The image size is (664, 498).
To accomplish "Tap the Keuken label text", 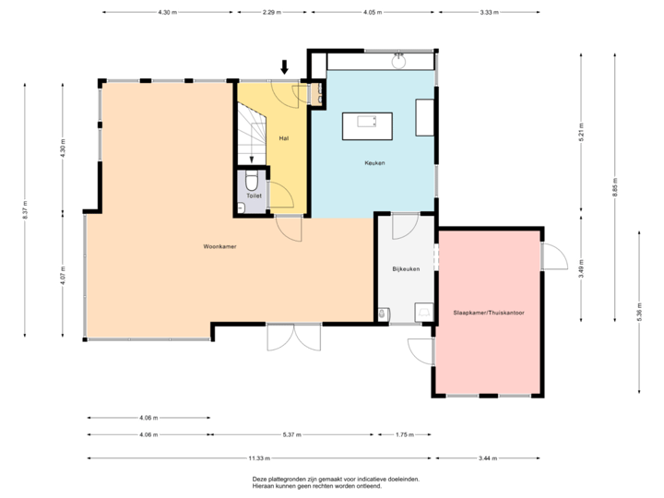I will pyautogui.click(x=373, y=163).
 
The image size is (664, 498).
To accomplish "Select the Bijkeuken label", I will pyautogui.click(x=406, y=269).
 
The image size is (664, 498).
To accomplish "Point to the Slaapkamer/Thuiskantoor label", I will pyautogui.click(x=489, y=314).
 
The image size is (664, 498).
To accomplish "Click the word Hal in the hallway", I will pyautogui.click(x=284, y=138).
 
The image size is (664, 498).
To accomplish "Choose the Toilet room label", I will pyautogui.click(x=255, y=196).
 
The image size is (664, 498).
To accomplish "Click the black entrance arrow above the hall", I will pyautogui.click(x=284, y=66).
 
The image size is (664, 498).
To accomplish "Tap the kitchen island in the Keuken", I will pyautogui.click(x=366, y=125).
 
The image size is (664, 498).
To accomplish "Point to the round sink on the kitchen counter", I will pyautogui.click(x=399, y=64).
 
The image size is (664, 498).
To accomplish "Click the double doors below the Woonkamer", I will pyautogui.click(x=293, y=338).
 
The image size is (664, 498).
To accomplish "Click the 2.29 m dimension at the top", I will pyautogui.click(x=272, y=13).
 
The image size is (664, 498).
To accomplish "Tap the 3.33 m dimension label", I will pyautogui.click(x=489, y=13).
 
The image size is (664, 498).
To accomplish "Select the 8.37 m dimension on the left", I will pyautogui.click(x=25, y=210).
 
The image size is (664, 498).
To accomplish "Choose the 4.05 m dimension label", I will pyautogui.click(x=373, y=13).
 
